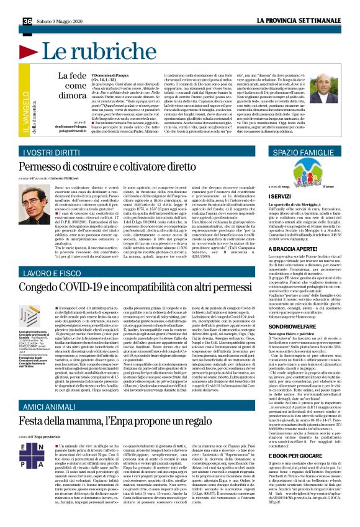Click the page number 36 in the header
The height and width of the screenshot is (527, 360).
(x=10, y=5)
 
